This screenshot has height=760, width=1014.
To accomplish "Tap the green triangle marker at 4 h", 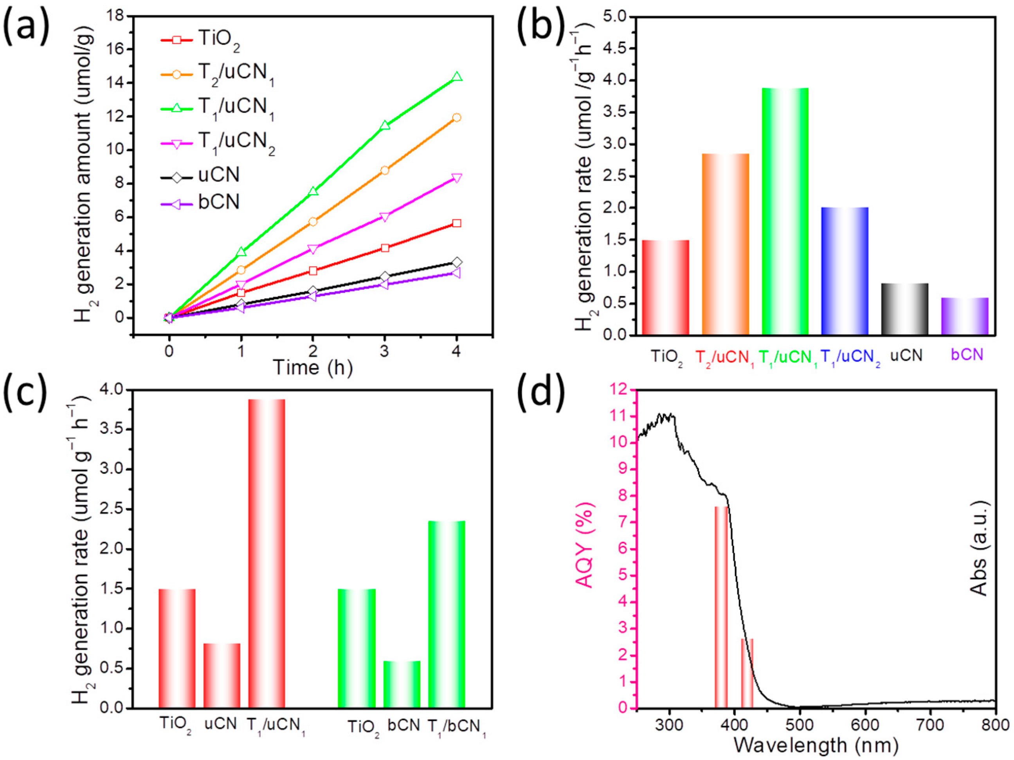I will [457, 77].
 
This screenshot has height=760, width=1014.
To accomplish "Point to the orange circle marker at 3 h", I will [385, 171].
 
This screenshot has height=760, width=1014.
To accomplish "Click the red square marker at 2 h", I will [313, 270].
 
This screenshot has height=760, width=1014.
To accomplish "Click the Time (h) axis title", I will [313, 367].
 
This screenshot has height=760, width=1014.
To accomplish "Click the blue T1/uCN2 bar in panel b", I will [845, 271].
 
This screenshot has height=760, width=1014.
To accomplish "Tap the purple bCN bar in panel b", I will [964, 316].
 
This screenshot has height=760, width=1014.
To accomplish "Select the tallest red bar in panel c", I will [267, 554].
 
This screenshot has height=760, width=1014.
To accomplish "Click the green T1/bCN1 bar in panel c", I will [447, 614].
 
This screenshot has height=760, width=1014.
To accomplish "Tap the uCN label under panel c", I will [221, 725].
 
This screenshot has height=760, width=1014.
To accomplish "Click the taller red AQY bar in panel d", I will [721, 607].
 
